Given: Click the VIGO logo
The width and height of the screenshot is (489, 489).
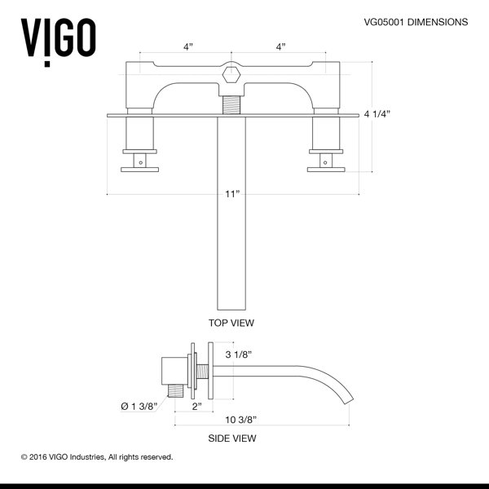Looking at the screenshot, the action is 59,42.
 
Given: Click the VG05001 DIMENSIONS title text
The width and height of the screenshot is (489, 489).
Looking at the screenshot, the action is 416,22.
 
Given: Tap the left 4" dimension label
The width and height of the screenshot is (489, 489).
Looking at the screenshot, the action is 187,47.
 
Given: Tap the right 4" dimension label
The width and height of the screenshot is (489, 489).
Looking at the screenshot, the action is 280,47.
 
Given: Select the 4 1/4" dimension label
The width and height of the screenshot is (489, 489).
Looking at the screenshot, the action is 377,114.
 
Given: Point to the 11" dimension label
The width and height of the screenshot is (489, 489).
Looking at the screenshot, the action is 232,194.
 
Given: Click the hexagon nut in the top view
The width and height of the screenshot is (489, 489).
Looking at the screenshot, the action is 231,75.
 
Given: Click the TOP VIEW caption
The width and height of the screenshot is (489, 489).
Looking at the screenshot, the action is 231,323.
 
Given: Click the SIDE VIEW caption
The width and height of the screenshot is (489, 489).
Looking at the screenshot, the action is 232,438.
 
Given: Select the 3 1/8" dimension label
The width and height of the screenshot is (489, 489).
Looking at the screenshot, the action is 239,355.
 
